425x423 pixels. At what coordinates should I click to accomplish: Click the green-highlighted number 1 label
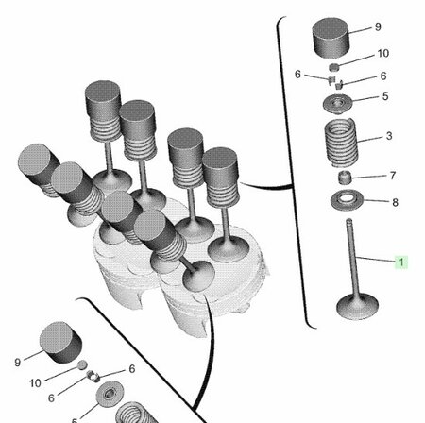(401, 262)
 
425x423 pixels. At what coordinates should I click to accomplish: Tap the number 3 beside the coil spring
(389, 136)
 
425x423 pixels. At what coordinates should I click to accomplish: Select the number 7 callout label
(393, 176)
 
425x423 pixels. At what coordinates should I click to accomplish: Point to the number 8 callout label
(396, 202)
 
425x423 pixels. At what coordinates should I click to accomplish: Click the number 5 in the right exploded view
(385, 96)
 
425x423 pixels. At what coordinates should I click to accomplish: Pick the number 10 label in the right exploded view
(383, 54)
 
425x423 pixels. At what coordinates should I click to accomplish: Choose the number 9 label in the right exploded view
(378, 27)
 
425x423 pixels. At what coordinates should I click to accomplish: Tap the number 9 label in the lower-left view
(18, 363)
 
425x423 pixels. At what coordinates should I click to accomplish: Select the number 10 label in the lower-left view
(35, 383)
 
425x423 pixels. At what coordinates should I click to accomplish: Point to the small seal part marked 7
(345, 178)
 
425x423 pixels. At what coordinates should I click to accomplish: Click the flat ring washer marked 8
(347, 200)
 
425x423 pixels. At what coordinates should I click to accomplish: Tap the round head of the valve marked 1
(357, 306)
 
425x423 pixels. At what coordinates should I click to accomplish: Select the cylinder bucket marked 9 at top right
(331, 38)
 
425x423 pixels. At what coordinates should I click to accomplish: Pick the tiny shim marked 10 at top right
(334, 67)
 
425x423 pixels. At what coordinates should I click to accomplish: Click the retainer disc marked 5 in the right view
(338, 103)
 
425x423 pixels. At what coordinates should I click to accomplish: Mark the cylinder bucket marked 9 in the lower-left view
(60, 343)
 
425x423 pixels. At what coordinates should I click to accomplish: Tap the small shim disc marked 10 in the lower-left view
(82, 364)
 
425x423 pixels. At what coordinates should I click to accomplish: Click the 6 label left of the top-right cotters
(297, 75)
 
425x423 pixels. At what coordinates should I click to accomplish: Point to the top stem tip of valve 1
(348, 220)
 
